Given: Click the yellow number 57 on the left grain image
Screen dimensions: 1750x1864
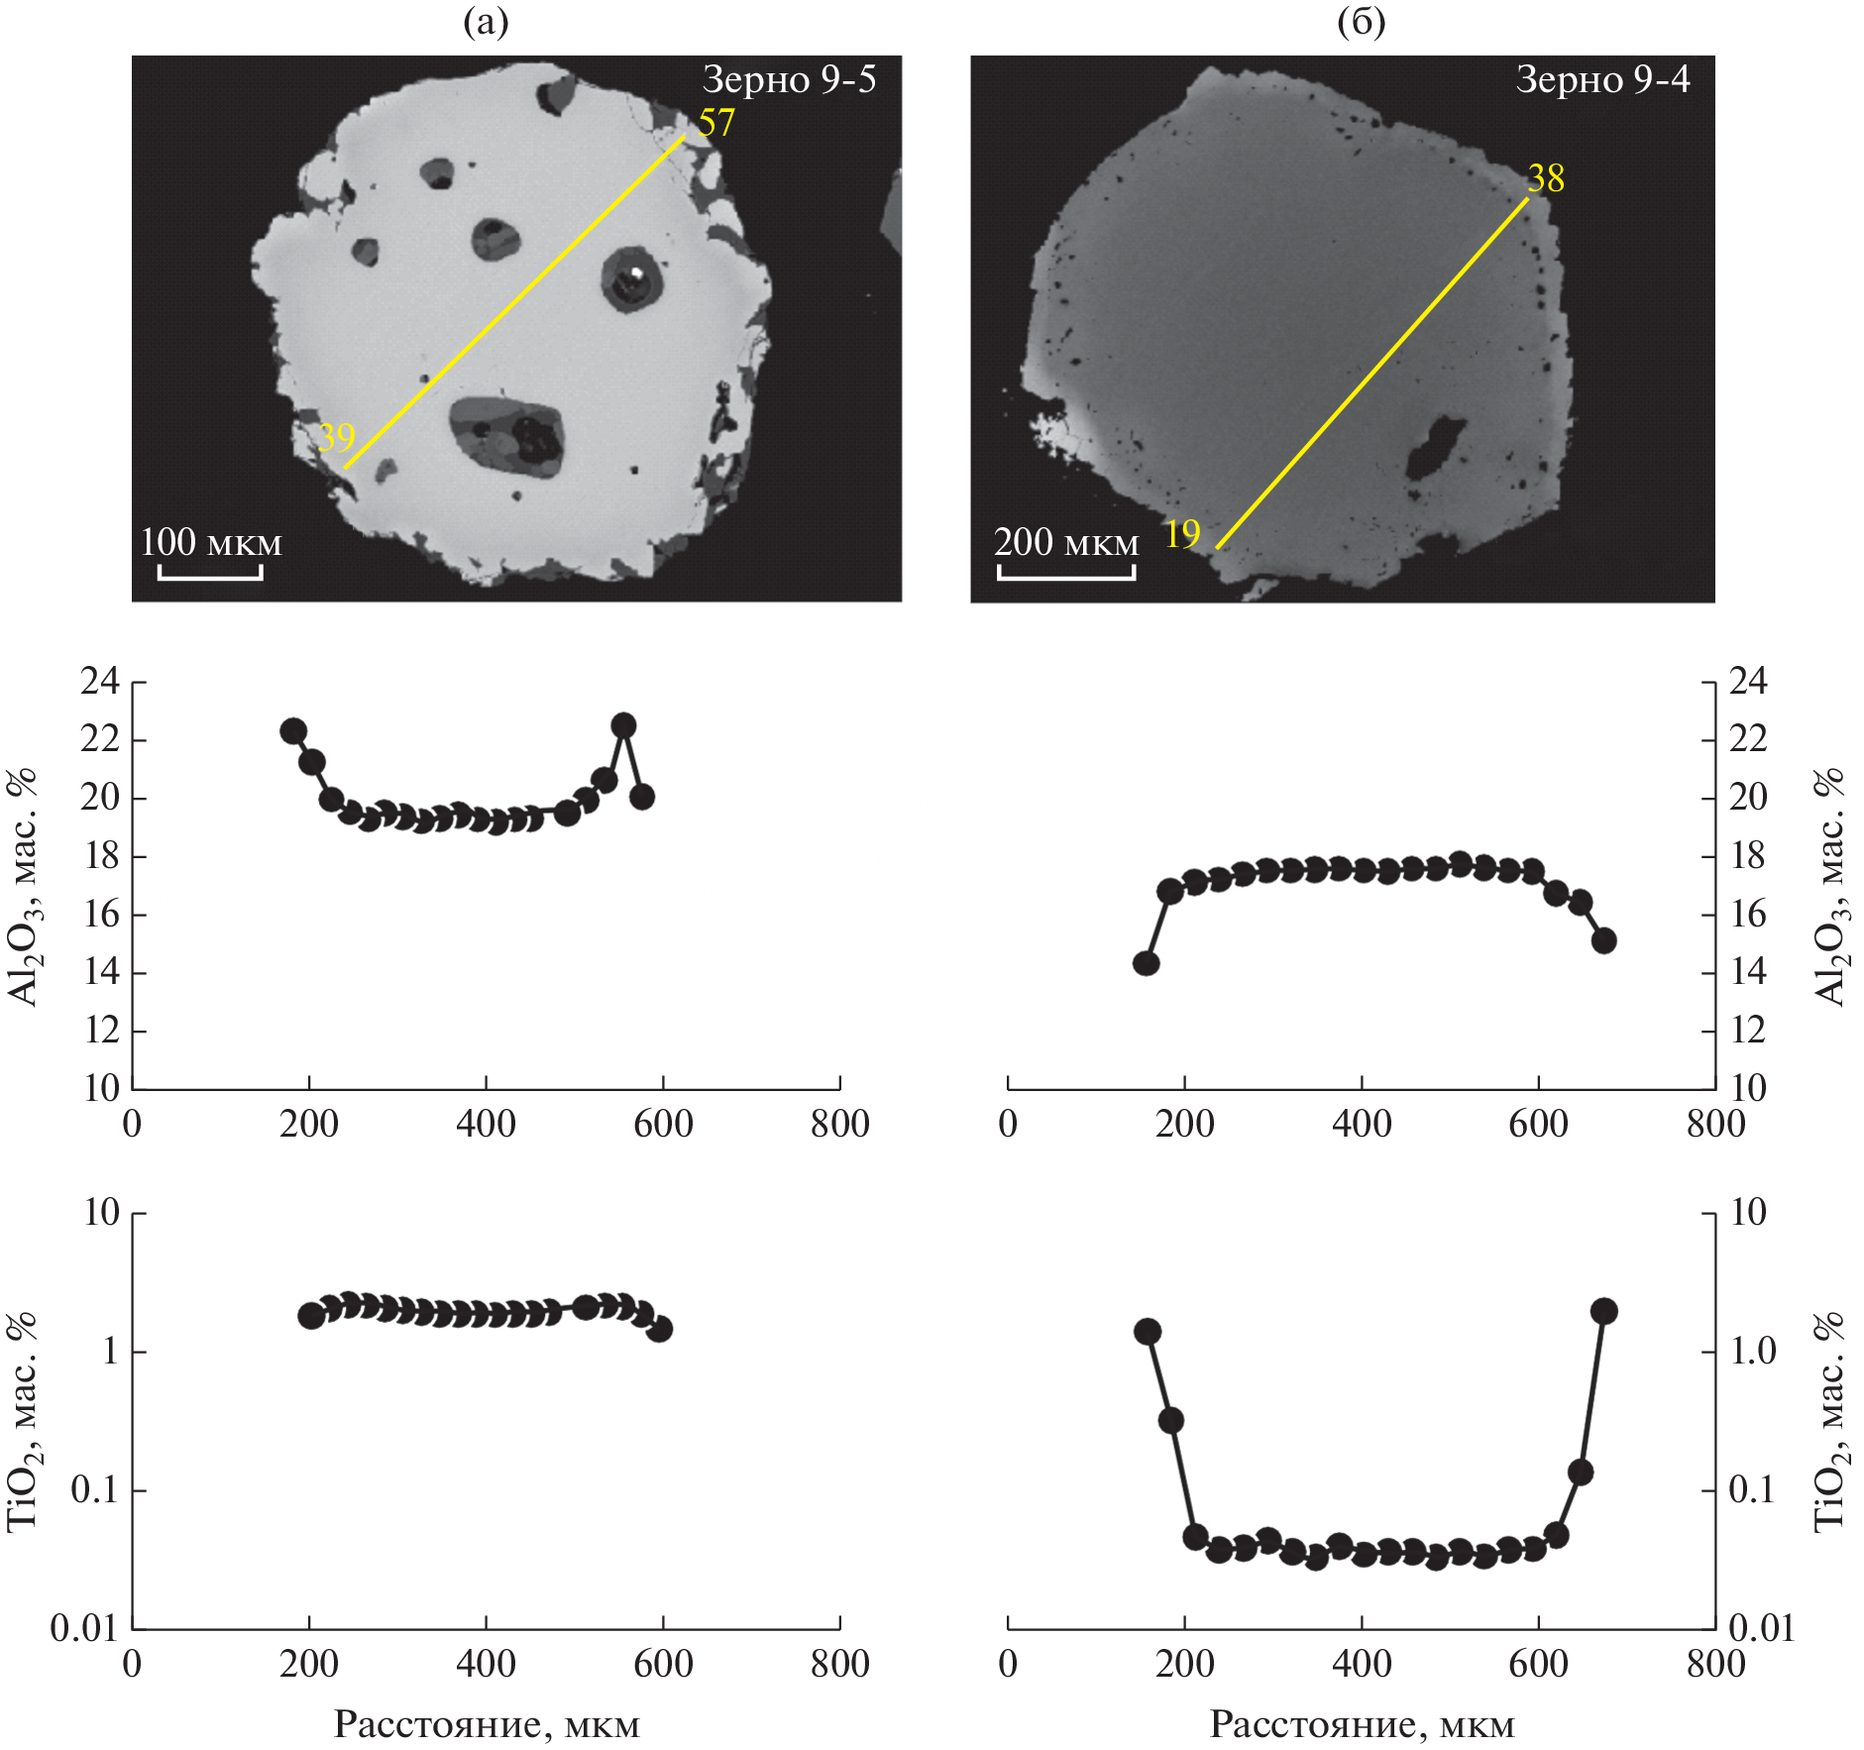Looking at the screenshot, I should [715, 123].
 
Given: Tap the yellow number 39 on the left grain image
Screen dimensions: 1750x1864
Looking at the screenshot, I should [336, 436].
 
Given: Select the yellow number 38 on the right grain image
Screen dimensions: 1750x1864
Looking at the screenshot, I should [1545, 178].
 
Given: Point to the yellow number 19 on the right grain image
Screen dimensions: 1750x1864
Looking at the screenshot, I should [1182, 534].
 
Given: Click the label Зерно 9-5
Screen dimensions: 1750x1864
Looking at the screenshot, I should [789, 79].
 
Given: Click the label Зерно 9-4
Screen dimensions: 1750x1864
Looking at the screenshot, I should [1602, 79].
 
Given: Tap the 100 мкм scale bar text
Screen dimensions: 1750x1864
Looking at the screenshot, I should [211, 542].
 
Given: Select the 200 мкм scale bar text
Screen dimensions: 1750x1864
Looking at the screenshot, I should [1066, 542].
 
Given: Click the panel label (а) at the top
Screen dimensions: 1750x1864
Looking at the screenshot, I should [486, 22].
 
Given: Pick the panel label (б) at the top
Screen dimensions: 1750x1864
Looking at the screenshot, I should [1361, 22].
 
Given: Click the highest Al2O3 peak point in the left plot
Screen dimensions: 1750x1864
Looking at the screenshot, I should [623, 725].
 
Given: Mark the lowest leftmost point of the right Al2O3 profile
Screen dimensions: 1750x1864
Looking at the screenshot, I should [1147, 963].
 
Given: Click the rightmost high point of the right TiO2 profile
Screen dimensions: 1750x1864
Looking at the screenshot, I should [1603, 1311].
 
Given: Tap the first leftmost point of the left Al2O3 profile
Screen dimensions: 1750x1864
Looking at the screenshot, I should [293, 731].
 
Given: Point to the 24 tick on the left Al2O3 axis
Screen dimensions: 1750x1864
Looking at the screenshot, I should [100, 682].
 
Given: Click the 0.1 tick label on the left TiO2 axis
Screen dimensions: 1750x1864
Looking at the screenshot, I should [94, 1489].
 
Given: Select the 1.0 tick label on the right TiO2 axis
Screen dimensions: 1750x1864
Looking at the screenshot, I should [1753, 1351].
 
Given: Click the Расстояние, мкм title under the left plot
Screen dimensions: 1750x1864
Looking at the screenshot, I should [487, 1725].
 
